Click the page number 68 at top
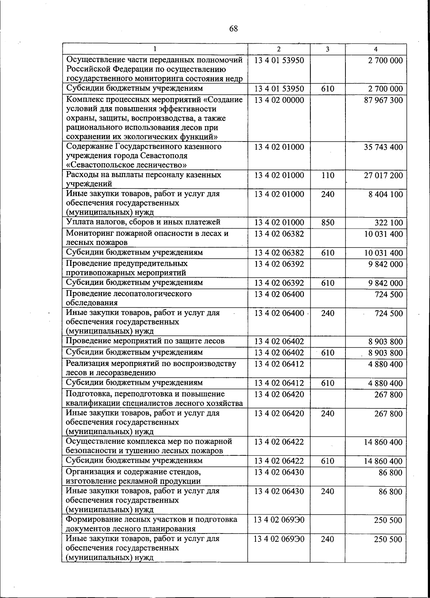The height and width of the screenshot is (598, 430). click(233, 29)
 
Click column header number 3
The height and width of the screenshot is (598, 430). click(328, 49)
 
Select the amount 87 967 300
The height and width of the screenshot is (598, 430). click(383, 100)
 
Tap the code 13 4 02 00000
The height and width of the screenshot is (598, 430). click(279, 100)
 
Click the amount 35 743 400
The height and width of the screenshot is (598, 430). click(383, 147)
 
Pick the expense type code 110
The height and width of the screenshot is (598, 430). click(328, 176)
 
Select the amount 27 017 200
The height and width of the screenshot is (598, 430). click(383, 176)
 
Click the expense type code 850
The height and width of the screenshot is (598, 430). click(328, 223)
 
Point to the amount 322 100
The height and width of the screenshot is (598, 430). click(389, 223)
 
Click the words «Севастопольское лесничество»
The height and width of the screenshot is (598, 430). click(126, 165)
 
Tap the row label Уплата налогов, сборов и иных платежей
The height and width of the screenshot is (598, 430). click(143, 222)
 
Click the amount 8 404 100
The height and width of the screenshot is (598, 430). click(386, 195)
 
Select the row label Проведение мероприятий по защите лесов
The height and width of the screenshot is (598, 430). click(145, 341)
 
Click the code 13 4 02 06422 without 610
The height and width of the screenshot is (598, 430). click(279, 442)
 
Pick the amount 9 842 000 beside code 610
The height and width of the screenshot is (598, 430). click(386, 283)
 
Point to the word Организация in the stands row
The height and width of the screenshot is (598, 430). click(88, 472)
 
